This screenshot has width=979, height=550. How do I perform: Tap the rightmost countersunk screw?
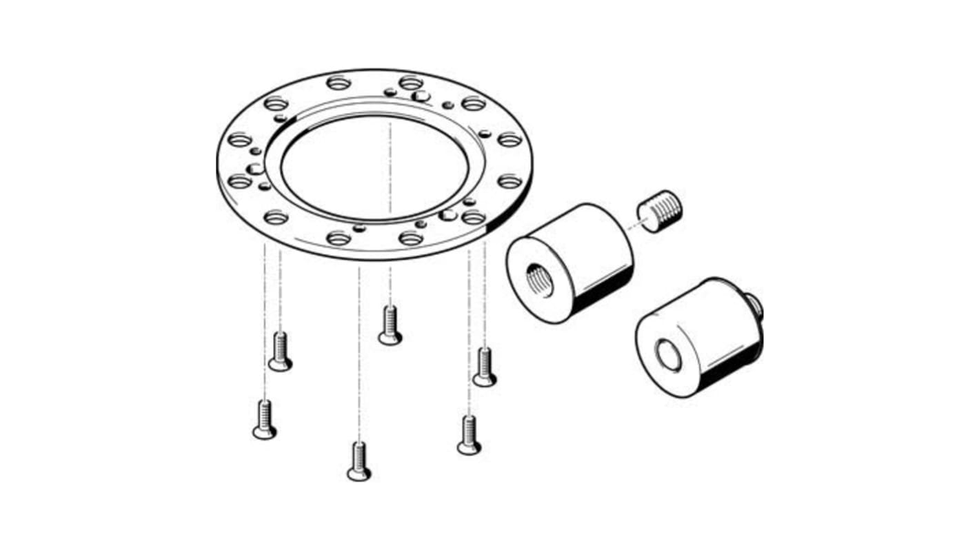click(485, 367)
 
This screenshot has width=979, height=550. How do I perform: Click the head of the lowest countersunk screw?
click(359, 473)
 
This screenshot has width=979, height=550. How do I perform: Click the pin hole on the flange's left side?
click(256, 169)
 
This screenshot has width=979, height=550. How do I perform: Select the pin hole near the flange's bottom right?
click(448, 216)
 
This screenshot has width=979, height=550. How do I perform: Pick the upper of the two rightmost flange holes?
click(509, 140)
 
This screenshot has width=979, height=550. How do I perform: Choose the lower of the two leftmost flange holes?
click(239, 181)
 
